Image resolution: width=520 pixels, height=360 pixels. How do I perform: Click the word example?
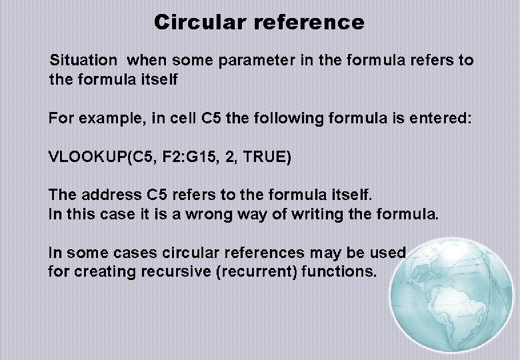click(x=109, y=119)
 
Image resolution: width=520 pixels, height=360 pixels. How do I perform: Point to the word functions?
click(x=338, y=272)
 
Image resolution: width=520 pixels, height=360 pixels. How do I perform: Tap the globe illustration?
click(x=452, y=299)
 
